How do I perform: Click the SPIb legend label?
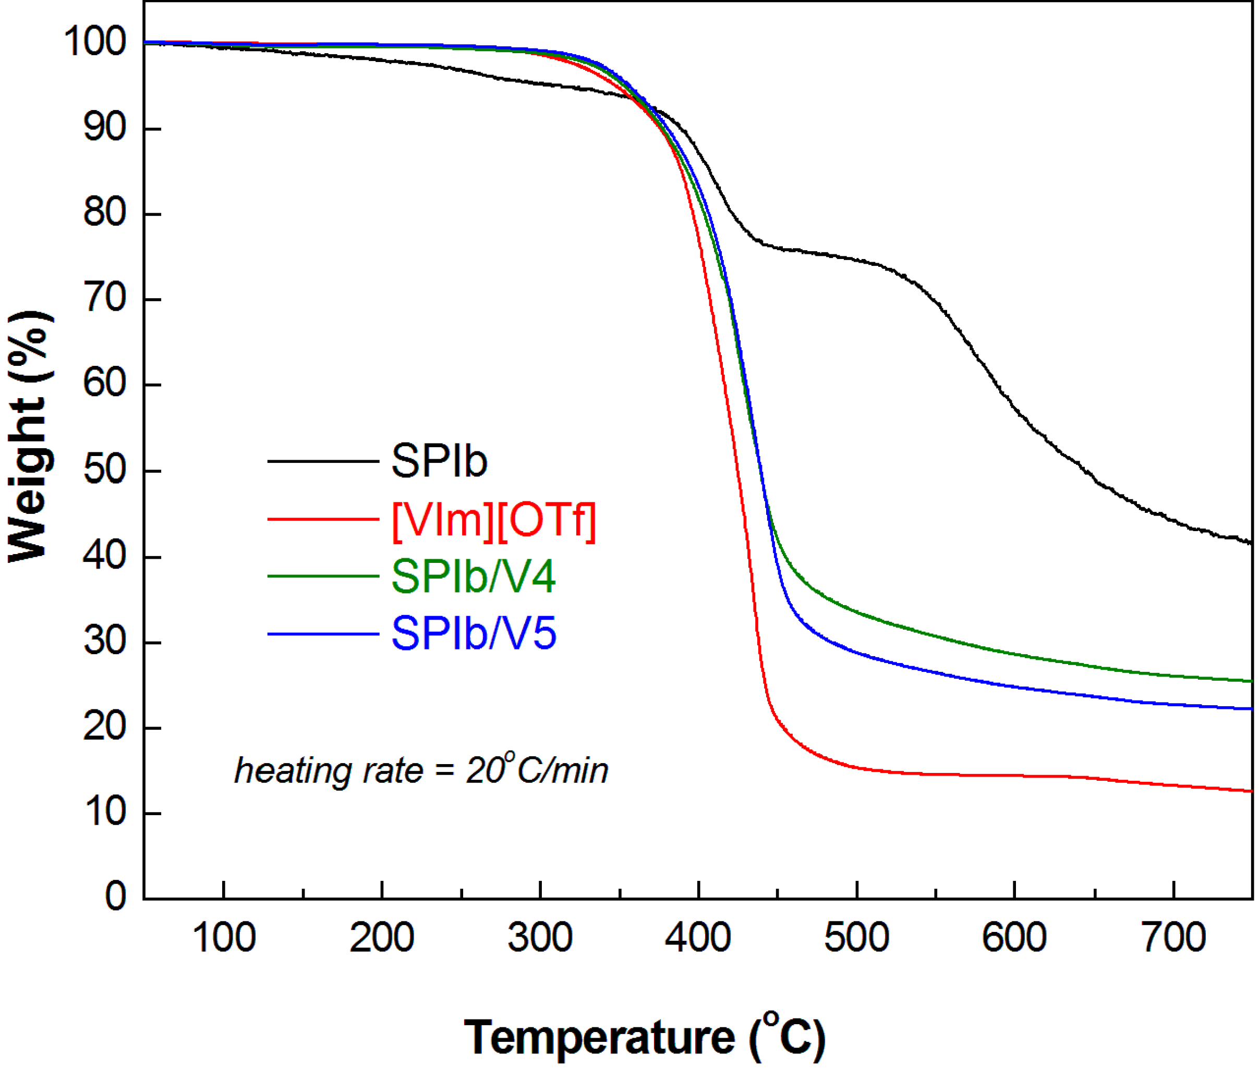[439, 461]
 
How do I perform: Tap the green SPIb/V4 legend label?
[473, 576]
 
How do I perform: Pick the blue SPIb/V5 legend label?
[474, 634]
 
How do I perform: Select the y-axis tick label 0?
[115, 896]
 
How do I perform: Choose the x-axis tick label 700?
[1173, 938]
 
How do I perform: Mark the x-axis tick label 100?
[224, 938]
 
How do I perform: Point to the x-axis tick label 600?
[1014, 938]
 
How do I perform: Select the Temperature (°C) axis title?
[644, 1038]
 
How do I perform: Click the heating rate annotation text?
[421, 771]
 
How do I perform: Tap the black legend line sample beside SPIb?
[323, 461]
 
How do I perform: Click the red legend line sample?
[323, 519]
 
